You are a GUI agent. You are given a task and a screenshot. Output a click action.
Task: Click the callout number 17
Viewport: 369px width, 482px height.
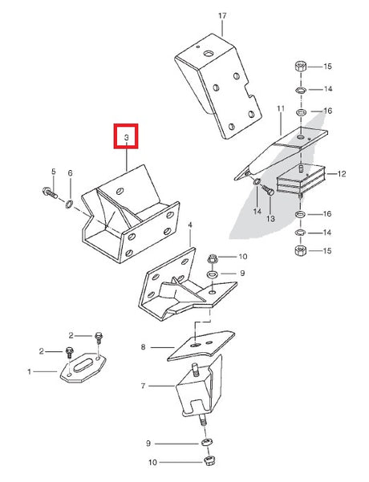tap(222, 15)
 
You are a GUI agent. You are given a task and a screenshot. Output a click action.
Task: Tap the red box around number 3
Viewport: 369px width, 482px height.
tap(126, 124)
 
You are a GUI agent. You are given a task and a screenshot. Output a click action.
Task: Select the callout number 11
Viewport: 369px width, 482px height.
tap(281, 108)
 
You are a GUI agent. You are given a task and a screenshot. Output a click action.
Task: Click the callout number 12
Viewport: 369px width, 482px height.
tap(342, 174)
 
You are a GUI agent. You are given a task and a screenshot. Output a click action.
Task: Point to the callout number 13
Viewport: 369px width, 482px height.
tap(270, 219)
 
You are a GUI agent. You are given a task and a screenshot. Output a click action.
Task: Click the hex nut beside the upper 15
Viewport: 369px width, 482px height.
tap(301, 67)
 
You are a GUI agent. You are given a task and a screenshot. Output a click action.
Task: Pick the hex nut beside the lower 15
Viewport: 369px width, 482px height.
tap(301, 250)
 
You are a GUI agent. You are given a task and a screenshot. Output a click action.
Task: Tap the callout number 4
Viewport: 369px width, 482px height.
tap(190, 225)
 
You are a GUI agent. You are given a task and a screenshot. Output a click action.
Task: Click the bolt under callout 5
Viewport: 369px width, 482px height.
tap(50, 192)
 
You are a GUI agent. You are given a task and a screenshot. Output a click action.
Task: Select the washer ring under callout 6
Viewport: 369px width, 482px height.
tap(70, 204)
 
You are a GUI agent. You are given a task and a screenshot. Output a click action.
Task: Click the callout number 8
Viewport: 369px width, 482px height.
tap(143, 347)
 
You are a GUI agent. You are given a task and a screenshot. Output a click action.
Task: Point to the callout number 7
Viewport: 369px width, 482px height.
tap(143, 386)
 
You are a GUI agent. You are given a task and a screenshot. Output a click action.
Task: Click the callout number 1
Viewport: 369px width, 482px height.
tap(29, 372)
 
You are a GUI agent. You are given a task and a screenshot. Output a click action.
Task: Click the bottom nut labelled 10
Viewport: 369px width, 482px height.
tap(209, 460)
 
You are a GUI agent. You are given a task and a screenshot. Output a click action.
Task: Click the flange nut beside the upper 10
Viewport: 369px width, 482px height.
tap(213, 258)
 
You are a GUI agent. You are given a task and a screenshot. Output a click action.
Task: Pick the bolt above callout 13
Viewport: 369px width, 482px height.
tap(267, 190)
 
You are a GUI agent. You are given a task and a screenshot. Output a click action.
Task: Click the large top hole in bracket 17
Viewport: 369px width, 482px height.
tap(209, 54)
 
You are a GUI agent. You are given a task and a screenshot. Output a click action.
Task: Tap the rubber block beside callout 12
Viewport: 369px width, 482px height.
tap(301, 180)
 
